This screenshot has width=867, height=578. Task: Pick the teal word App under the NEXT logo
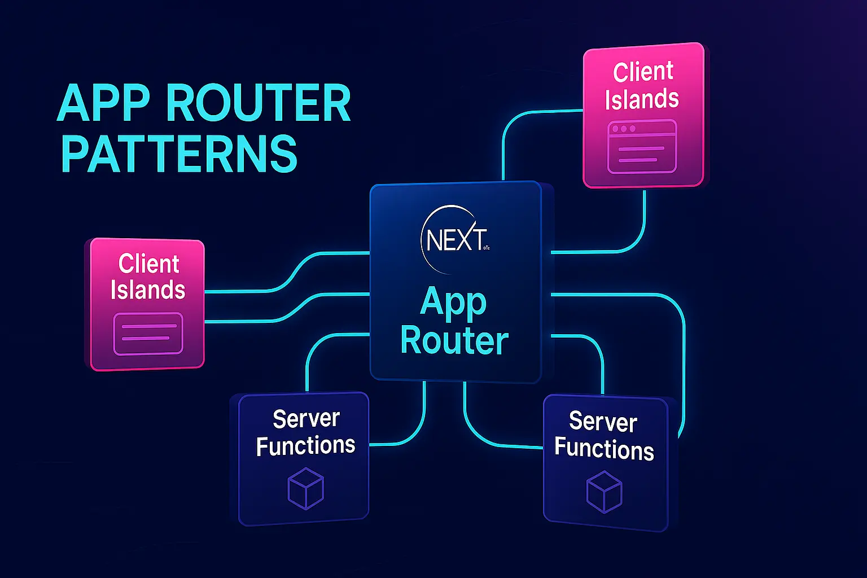[453, 302]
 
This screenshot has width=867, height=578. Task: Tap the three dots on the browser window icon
[624, 129]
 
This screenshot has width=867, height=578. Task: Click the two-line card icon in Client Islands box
[148, 333]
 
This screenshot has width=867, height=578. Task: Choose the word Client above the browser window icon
[643, 72]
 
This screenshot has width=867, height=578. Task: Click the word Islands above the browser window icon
[642, 99]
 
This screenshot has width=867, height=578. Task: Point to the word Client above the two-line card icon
[149, 264]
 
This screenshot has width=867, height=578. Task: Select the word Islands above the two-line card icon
[148, 290]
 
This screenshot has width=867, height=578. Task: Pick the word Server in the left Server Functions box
[306, 419]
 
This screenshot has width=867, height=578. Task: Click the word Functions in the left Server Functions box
[305, 446]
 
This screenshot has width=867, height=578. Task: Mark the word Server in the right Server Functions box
[603, 422]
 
